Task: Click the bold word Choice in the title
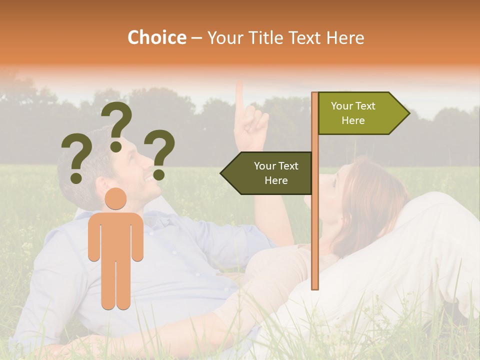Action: click(156, 37)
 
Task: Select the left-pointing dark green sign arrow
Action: click(267, 173)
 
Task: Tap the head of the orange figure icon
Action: click(116, 198)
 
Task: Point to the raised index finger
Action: click(239, 95)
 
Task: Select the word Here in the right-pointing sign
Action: click(353, 120)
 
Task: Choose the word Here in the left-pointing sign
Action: click(276, 180)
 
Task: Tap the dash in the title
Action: click(196, 38)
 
